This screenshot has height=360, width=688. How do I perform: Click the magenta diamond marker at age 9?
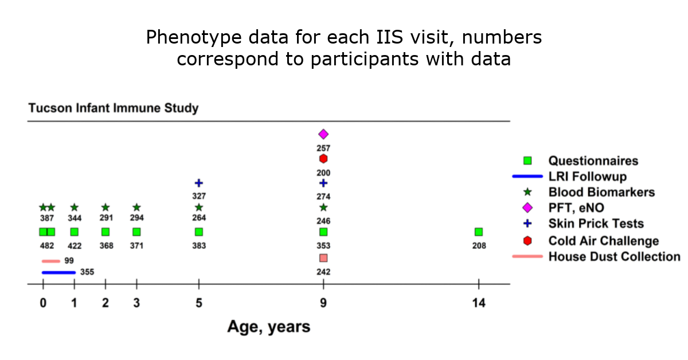click(x=323, y=134)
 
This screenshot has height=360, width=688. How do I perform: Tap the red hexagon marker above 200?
click(x=323, y=159)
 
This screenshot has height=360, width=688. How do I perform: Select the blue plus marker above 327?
click(x=199, y=183)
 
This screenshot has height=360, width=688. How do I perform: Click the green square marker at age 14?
click(x=479, y=232)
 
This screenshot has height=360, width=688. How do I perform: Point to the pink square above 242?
click(x=323, y=258)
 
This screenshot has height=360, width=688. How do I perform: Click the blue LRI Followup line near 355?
click(x=58, y=272)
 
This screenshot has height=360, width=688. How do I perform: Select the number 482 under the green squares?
click(x=47, y=246)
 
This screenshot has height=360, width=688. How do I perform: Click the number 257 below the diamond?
click(x=323, y=148)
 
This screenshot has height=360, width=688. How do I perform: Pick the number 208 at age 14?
click(x=479, y=246)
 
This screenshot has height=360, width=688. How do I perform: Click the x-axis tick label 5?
click(x=199, y=303)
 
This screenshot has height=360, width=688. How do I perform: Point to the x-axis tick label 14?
click(x=479, y=303)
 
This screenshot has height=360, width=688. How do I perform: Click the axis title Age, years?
click(x=269, y=327)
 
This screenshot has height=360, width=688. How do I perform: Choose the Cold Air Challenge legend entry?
click(x=603, y=241)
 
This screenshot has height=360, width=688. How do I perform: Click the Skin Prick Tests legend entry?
click(x=596, y=224)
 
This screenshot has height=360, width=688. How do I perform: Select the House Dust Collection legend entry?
click(x=614, y=256)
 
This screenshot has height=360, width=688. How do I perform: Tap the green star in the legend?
click(x=527, y=192)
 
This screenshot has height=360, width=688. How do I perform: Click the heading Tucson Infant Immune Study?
click(x=114, y=108)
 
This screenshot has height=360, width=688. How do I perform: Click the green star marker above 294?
click(x=136, y=208)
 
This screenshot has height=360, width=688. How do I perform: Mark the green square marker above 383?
click(x=199, y=232)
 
